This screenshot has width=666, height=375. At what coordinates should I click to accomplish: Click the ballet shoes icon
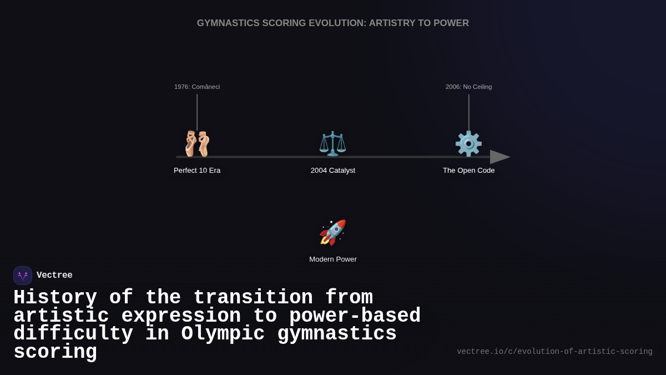click(197, 144)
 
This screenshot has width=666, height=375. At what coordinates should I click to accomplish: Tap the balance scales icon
click(332, 144)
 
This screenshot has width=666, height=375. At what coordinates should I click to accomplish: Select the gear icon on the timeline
click(468, 144)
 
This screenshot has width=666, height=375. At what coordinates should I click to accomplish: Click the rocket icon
click(332, 232)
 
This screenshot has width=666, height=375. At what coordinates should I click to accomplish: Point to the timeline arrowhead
click(499, 157)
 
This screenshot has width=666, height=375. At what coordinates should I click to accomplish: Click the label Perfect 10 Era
click(197, 171)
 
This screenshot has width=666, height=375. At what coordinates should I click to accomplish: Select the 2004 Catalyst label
click(333, 171)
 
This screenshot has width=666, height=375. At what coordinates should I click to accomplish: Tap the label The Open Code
click(468, 171)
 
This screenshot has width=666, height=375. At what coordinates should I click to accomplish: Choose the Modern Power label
click(333, 259)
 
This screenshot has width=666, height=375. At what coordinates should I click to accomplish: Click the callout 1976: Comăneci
click(197, 87)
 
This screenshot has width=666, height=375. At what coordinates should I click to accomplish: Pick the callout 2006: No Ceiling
click(468, 87)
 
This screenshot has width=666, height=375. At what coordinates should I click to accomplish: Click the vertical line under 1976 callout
click(197, 111)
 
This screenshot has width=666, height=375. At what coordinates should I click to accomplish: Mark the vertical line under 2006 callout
click(469, 111)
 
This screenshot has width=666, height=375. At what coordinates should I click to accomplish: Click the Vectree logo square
click(23, 276)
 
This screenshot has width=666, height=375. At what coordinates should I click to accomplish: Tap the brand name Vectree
click(54, 276)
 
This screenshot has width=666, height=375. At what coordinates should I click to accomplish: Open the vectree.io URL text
click(554, 352)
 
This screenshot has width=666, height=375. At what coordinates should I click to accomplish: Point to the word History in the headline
click(56, 298)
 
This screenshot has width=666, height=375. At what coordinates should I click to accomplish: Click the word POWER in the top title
click(452, 23)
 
